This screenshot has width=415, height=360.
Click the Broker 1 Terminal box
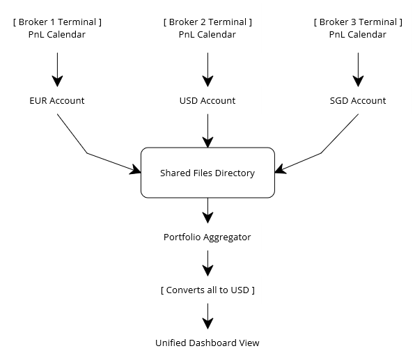tap(57, 28)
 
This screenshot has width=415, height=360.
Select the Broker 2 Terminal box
tap(207, 28)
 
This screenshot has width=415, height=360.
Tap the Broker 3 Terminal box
tap(358, 28)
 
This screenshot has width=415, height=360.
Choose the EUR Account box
tap(57, 100)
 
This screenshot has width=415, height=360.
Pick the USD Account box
tap(207, 100)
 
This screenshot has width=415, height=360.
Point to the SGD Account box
tap(358, 100)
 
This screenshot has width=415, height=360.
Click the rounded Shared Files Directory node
tap(207, 173)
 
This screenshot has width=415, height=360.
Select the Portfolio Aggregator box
tap(207, 237)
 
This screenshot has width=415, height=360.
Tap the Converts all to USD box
tap(207, 290)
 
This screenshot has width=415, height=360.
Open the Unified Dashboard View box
tap(207, 343)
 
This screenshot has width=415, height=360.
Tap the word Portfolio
tap(182, 237)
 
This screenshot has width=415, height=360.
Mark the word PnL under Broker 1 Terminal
tap(38, 34)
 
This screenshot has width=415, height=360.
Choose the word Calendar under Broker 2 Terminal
tap(217, 34)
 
